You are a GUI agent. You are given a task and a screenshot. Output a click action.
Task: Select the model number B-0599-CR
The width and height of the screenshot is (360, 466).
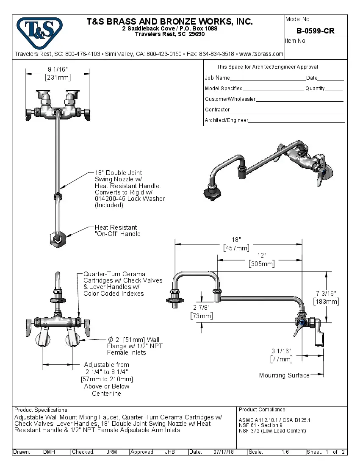[x=316, y=31]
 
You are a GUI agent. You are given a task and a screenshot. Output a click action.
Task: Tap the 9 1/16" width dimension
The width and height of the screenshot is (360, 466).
[x=58, y=69]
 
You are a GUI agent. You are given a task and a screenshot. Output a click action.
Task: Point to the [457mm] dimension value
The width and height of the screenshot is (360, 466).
[x=236, y=248]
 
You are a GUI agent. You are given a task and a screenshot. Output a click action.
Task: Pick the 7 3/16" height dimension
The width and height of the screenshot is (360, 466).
[x=326, y=293]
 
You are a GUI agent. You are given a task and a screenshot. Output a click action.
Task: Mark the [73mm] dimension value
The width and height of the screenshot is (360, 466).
[x=202, y=316]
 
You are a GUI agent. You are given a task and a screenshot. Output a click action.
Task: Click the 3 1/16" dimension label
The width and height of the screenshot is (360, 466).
[x=282, y=351]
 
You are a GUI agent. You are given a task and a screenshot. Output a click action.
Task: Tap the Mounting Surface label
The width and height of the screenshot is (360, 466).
[x=284, y=375]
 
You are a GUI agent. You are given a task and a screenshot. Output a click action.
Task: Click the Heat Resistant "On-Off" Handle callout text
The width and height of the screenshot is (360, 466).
[x=117, y=230]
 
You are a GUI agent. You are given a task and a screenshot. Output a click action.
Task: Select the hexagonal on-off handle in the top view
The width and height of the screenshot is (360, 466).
[x=56, y=240]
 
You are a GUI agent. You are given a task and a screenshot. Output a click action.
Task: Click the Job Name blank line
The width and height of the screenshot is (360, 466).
[x=268, y=78]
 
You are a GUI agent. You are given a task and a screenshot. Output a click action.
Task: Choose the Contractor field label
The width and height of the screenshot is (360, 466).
[x=217, y=110]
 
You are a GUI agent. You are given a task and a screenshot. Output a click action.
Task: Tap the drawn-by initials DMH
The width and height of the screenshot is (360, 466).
[x=49, y=452]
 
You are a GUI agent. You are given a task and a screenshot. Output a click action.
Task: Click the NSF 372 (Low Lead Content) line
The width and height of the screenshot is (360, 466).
[x=272, y=431]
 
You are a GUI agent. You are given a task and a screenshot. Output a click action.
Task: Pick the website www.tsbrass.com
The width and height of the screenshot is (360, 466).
[x=261, y=54]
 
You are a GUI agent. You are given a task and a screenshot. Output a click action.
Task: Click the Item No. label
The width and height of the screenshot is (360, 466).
[x=296, y=41]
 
